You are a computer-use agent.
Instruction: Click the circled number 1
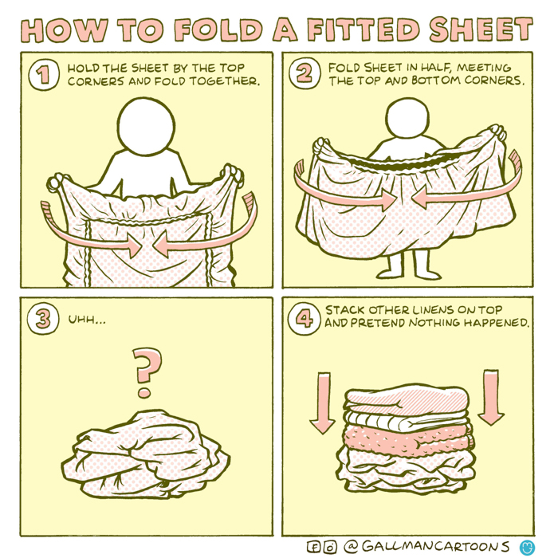click(x=43, y=75)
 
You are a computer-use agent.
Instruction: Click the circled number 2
click(x=304, y=74)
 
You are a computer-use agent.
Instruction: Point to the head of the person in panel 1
click(x=147, y=124)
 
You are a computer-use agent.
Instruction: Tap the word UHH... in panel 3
click(x=86, y=319)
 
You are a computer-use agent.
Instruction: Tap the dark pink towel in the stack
click(x=407, y=438)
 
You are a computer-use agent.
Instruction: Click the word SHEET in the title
click(x=481, y=30)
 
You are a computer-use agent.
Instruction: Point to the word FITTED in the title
click(x=363, y=30)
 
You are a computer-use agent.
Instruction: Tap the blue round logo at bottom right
click(x=527, y=547)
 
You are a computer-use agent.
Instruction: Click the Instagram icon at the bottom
click(x=330, y=547)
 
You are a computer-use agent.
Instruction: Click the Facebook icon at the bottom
click(x=315, y=547)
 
